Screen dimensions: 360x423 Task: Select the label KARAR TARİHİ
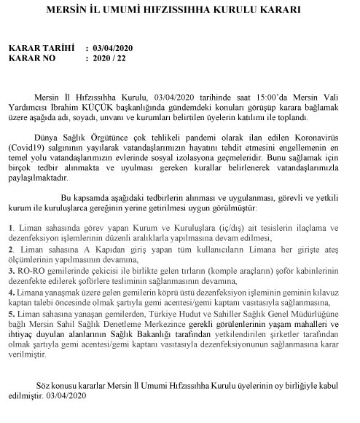coord(41,48)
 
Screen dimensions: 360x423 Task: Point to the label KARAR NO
coord(34,58)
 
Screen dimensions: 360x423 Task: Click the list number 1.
coord(10,228)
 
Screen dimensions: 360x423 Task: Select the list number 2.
coord(10,249)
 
